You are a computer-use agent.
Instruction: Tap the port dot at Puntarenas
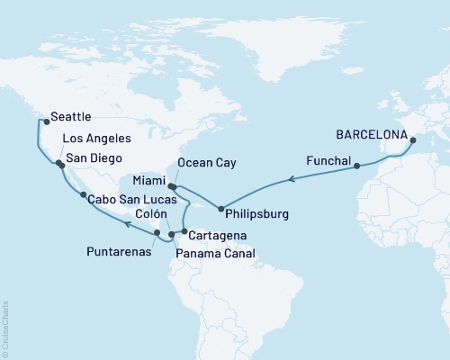(157, 233)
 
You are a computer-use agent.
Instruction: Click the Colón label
(149, 215)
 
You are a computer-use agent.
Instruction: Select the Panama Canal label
(215, 255)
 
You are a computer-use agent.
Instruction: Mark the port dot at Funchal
(358, 166)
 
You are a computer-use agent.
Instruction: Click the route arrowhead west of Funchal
(290, 180)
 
